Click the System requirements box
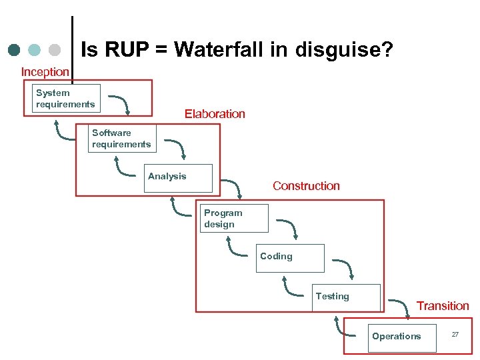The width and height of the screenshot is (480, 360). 67,99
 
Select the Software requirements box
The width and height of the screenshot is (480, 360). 122,139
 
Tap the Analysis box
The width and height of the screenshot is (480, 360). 178,178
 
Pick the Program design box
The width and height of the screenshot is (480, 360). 235,219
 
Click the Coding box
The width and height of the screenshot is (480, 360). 291,258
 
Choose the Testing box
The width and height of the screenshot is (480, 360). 347,298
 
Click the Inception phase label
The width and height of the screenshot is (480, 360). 45,71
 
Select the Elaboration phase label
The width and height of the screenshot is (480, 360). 215,114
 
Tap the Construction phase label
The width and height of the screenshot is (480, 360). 306,186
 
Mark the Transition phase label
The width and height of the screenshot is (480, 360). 443,306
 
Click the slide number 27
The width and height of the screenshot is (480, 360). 455,334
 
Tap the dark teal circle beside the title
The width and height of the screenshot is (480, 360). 15,50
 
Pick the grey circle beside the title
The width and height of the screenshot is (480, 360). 55,50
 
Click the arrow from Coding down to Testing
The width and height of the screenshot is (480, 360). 343,267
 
